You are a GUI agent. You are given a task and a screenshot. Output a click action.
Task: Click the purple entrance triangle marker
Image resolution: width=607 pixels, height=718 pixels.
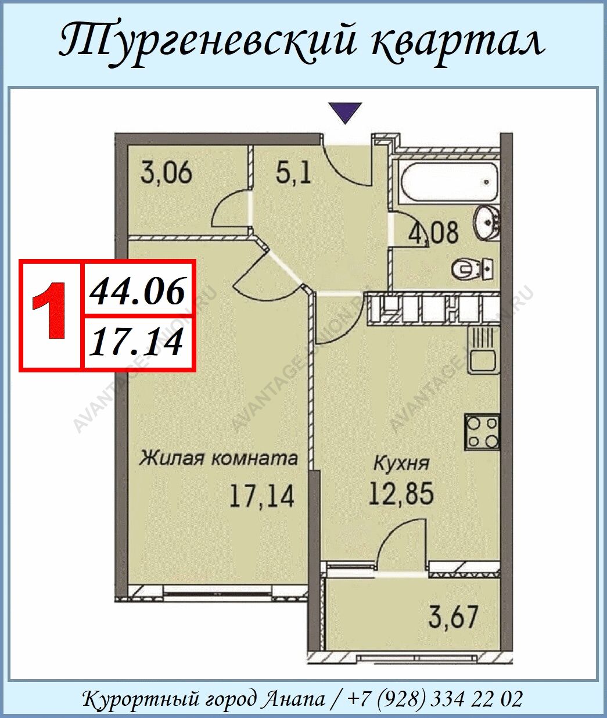click(x=346, y=112)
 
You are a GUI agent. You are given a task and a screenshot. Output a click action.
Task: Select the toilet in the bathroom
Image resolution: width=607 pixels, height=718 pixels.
click(x=473, y=268)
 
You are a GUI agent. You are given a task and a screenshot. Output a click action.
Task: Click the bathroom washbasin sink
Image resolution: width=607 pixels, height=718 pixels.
click(x=487, y=222)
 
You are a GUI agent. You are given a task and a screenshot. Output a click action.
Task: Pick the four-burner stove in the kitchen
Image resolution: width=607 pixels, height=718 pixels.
click(x=482, y=432)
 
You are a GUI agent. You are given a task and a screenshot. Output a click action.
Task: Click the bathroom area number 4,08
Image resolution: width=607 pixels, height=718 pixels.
click(x=433, y=232)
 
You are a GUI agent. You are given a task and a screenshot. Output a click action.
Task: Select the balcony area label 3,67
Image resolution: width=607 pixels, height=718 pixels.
click(x=454, y=616)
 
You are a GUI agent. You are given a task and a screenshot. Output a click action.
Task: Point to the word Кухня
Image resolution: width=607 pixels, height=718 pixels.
click(x=401, y=464)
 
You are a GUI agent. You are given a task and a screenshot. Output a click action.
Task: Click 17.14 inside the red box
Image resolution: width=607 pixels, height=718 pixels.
click(x=136, y=342)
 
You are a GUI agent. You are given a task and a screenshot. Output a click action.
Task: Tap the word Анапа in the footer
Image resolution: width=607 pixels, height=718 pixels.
click(x=294, y=690)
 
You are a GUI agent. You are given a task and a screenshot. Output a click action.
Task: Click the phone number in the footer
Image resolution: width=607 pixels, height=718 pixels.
click(x=434, y=690)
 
